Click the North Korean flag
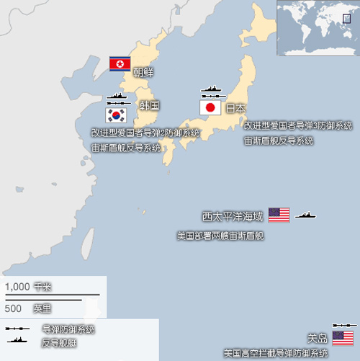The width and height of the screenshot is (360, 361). coord(118,64)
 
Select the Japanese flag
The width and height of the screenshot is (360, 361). coord(210,108)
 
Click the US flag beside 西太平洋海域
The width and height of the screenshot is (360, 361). coord(279,215)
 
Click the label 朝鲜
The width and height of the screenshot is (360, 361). coord(143,72)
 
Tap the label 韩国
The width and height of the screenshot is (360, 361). coord(149,105)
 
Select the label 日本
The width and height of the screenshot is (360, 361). coord(236,108)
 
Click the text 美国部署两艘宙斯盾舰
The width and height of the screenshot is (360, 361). coord(220,236)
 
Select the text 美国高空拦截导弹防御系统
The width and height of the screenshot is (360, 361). coord(276,353)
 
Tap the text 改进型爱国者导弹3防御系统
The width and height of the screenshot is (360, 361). coord(292,125)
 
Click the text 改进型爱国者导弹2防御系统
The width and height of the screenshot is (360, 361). coord(145,133)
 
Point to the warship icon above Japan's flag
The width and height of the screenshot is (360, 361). coord(213,92)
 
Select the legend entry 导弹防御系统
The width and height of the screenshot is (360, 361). coord(68,329)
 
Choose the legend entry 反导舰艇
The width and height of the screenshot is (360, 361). coord(59,343)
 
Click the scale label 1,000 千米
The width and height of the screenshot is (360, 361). coord(29,286)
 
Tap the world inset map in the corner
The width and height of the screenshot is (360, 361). coord(318,28)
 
